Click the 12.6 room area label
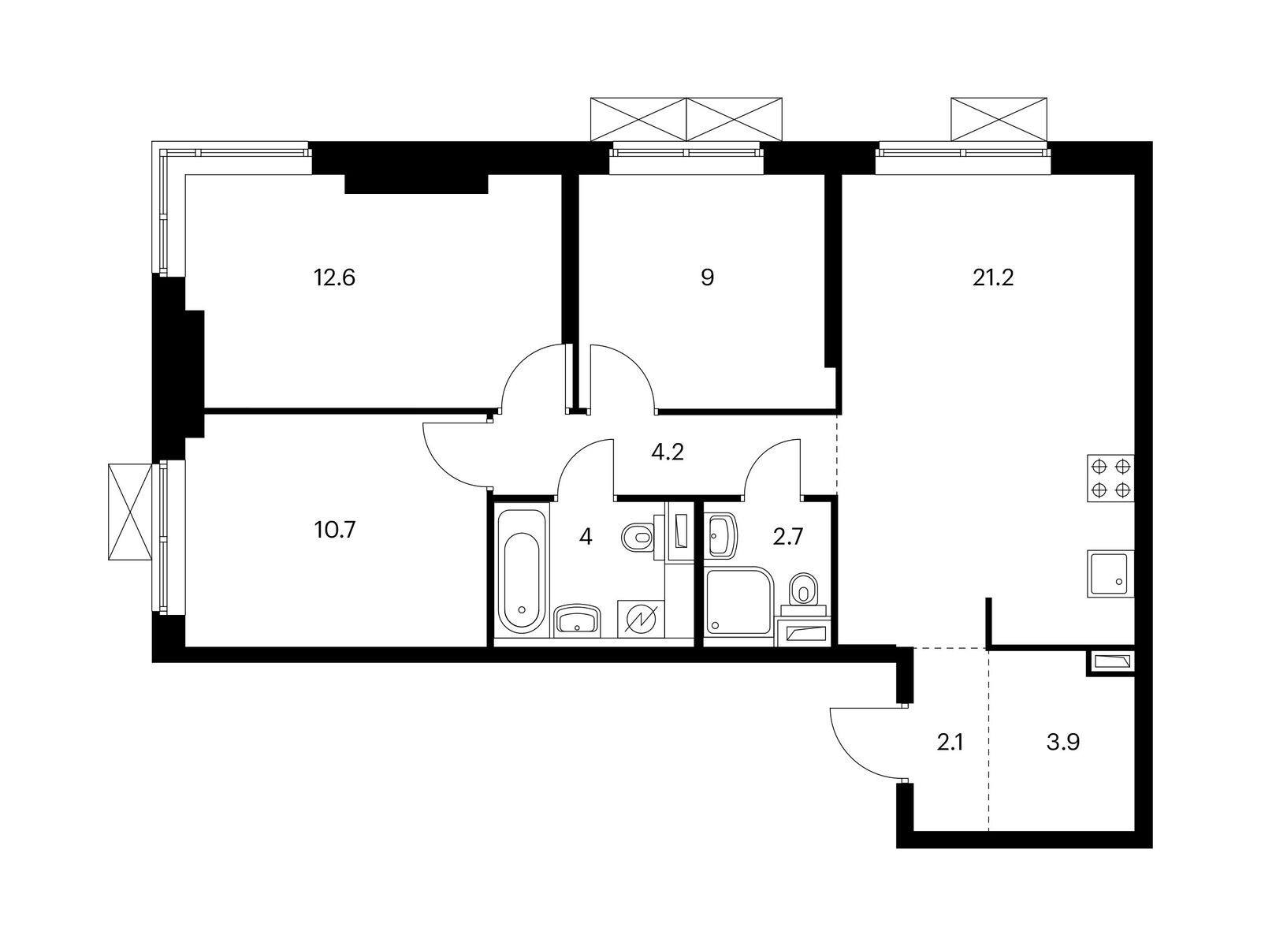(334, 278)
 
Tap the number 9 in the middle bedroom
(707, 278)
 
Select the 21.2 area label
(993, 278)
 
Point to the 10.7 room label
(335, 530)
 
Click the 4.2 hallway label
(668, 453)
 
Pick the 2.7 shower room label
(787, 537)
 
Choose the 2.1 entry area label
(950, 743)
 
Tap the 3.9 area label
(1063, 743)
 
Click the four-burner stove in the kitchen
(1110, 479)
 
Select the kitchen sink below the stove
(1110, 573)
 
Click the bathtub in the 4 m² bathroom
(522, 571)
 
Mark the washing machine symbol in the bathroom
(641, 619)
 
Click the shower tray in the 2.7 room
(741, 601)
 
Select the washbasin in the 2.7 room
(723, 535)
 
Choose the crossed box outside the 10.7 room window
(130, 512)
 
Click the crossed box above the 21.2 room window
(999, 120)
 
